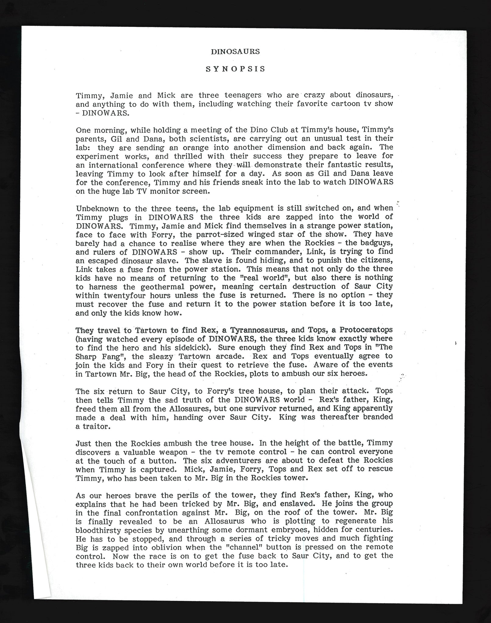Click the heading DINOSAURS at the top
tap(235, 52)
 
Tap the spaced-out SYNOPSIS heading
tap(235, 69)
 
